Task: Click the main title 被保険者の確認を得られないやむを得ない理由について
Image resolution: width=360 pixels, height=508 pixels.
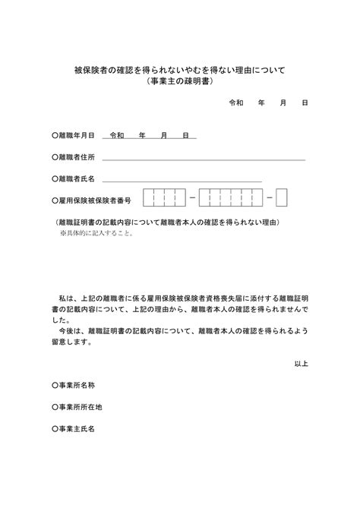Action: pyautogui.click(x=179, y=70)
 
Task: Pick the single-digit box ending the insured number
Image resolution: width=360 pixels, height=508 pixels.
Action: pyautogui.click(x=281, y=198)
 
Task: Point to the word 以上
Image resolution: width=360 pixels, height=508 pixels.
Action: pyautogui.click(x=300, y=364)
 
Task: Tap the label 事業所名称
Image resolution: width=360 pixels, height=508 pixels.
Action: pyautogui.click(x=76, y=386)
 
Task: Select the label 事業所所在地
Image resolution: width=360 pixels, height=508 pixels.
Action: pyautogui.click(x=79, y=407)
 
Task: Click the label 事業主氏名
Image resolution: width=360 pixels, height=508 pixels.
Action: pyautogui.click(x=76, y=429)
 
